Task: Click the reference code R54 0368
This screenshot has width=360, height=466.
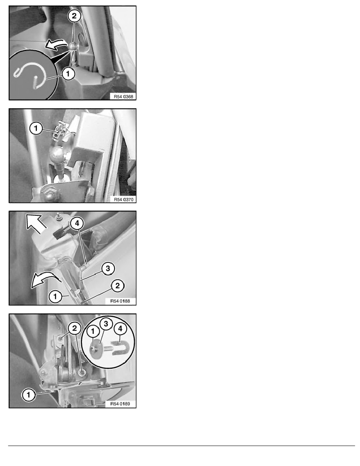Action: coord(123,96)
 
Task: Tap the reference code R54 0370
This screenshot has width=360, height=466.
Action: coord(124,199)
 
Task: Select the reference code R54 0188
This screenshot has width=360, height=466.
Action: coord(120,301)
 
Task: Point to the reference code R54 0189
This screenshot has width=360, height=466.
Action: coord(120,404)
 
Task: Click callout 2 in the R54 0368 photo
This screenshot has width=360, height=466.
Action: coord(74,16)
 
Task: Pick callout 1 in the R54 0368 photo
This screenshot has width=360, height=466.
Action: coord(68,73)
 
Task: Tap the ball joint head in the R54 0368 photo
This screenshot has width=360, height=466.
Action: coord(74,47)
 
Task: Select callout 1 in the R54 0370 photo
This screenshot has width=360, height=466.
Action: coord(36,128)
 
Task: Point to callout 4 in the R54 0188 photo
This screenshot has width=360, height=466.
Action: coord(77,223)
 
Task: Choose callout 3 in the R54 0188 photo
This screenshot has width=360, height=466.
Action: coord(107,268)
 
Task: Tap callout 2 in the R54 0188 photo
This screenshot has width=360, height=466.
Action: coord(118,286)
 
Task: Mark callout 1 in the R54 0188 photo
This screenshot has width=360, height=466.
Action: coord(55,296)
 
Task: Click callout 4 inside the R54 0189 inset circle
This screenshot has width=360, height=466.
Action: coord(120,328)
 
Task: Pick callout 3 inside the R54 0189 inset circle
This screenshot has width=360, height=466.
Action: coord(106,324)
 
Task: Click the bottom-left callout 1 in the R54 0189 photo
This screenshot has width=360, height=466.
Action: coord(29,395)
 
